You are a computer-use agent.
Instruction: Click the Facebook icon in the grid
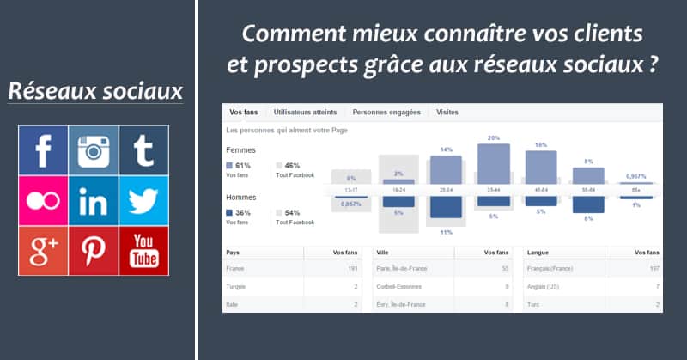point(44,151)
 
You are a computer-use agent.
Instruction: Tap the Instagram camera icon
point(94,151)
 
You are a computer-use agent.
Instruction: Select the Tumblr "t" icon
point(143,151)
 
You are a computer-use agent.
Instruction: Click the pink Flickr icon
point(44,201)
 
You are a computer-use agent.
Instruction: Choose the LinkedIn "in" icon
point(94,201)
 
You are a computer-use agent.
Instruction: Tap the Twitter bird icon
point(143,201)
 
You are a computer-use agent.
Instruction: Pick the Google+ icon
point(44,251)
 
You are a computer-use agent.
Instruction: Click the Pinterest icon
point(94,251)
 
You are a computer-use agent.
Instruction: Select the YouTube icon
point(143,251)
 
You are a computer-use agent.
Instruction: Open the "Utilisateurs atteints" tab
point(304,113)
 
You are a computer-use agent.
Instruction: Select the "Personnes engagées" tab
point(386,113)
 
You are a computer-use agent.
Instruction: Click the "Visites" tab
point(447,113)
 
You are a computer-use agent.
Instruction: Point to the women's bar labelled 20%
point(494,164)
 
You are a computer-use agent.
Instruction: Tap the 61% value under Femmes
point(242,165)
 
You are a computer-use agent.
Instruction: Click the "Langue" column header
point(539,253)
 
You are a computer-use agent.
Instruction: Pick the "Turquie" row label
point(237,286)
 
